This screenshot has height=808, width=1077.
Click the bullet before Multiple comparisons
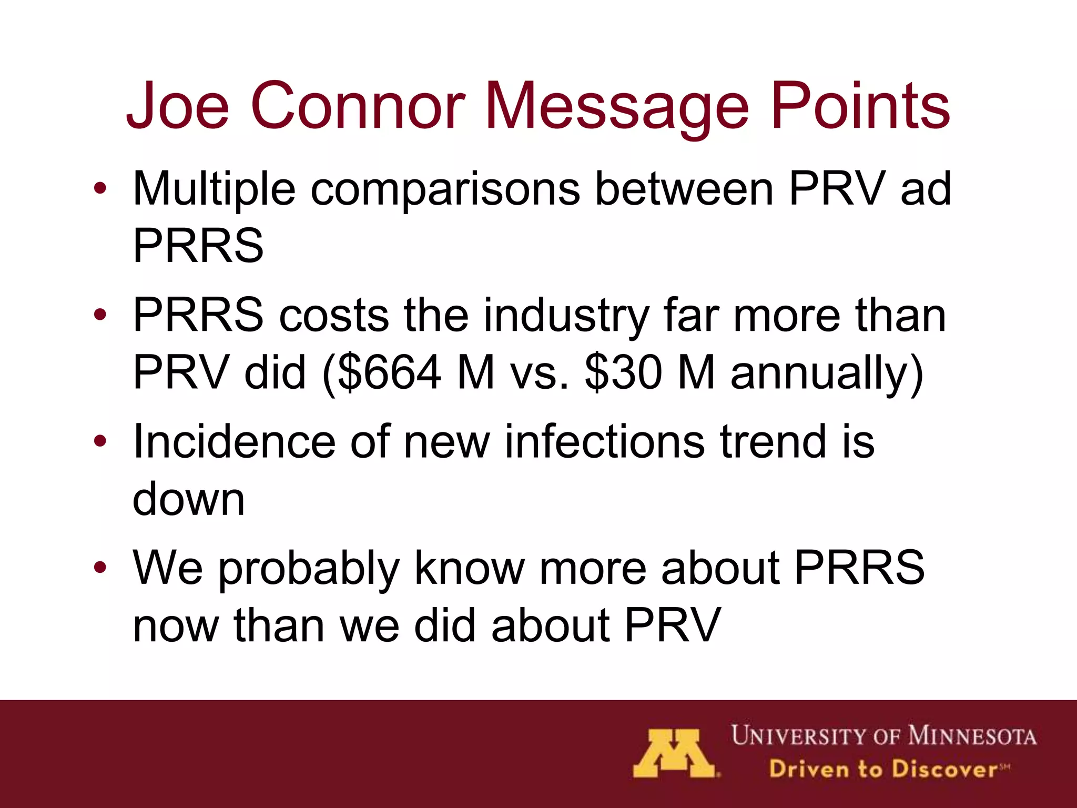pos(100,188)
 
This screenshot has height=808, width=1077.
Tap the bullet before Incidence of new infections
pos(100,441)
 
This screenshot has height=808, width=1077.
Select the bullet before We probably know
pos(100,567)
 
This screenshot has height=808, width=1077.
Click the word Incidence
pos(234,441)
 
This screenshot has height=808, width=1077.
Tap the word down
pos(188,499)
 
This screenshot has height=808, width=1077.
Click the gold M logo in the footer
pos(674,753)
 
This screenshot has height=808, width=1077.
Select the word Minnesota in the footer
pos(972,736)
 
